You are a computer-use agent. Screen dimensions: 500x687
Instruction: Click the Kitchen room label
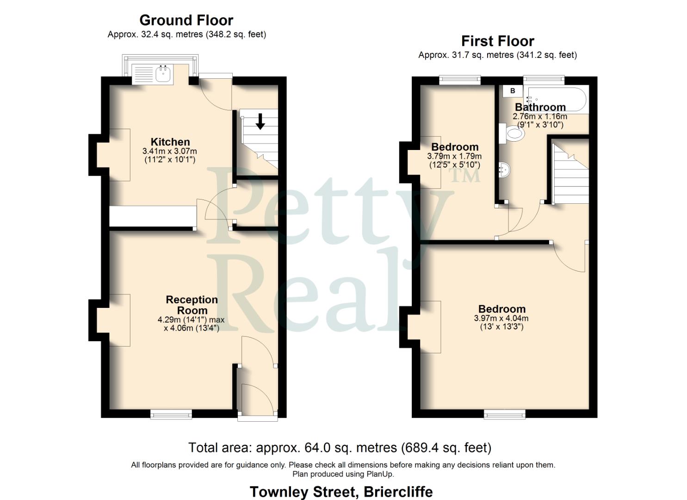[x=170, y=142]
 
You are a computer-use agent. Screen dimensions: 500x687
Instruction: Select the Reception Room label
[x=192, y=305]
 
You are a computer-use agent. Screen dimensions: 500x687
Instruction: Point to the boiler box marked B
[x=513, y=91]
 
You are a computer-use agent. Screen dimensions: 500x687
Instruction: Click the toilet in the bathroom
[x=515, y=135]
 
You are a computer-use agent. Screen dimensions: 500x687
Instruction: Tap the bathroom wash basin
[x=505, y=170]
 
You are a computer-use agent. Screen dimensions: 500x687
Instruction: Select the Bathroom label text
[x=540, y=107]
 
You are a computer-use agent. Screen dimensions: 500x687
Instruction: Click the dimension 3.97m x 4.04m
[x=501, y=319]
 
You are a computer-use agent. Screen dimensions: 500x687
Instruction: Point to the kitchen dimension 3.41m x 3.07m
[x=170, y=151]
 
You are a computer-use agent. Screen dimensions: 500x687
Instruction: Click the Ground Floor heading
[x=186, y=20]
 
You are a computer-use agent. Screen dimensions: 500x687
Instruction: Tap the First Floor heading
[x=497, y=41]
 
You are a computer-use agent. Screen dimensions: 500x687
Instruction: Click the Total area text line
[x=340, y=448]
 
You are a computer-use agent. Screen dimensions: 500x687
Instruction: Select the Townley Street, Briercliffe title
[x=341, y=492]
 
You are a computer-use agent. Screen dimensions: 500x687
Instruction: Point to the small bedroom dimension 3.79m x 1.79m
[x=454, y=156]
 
